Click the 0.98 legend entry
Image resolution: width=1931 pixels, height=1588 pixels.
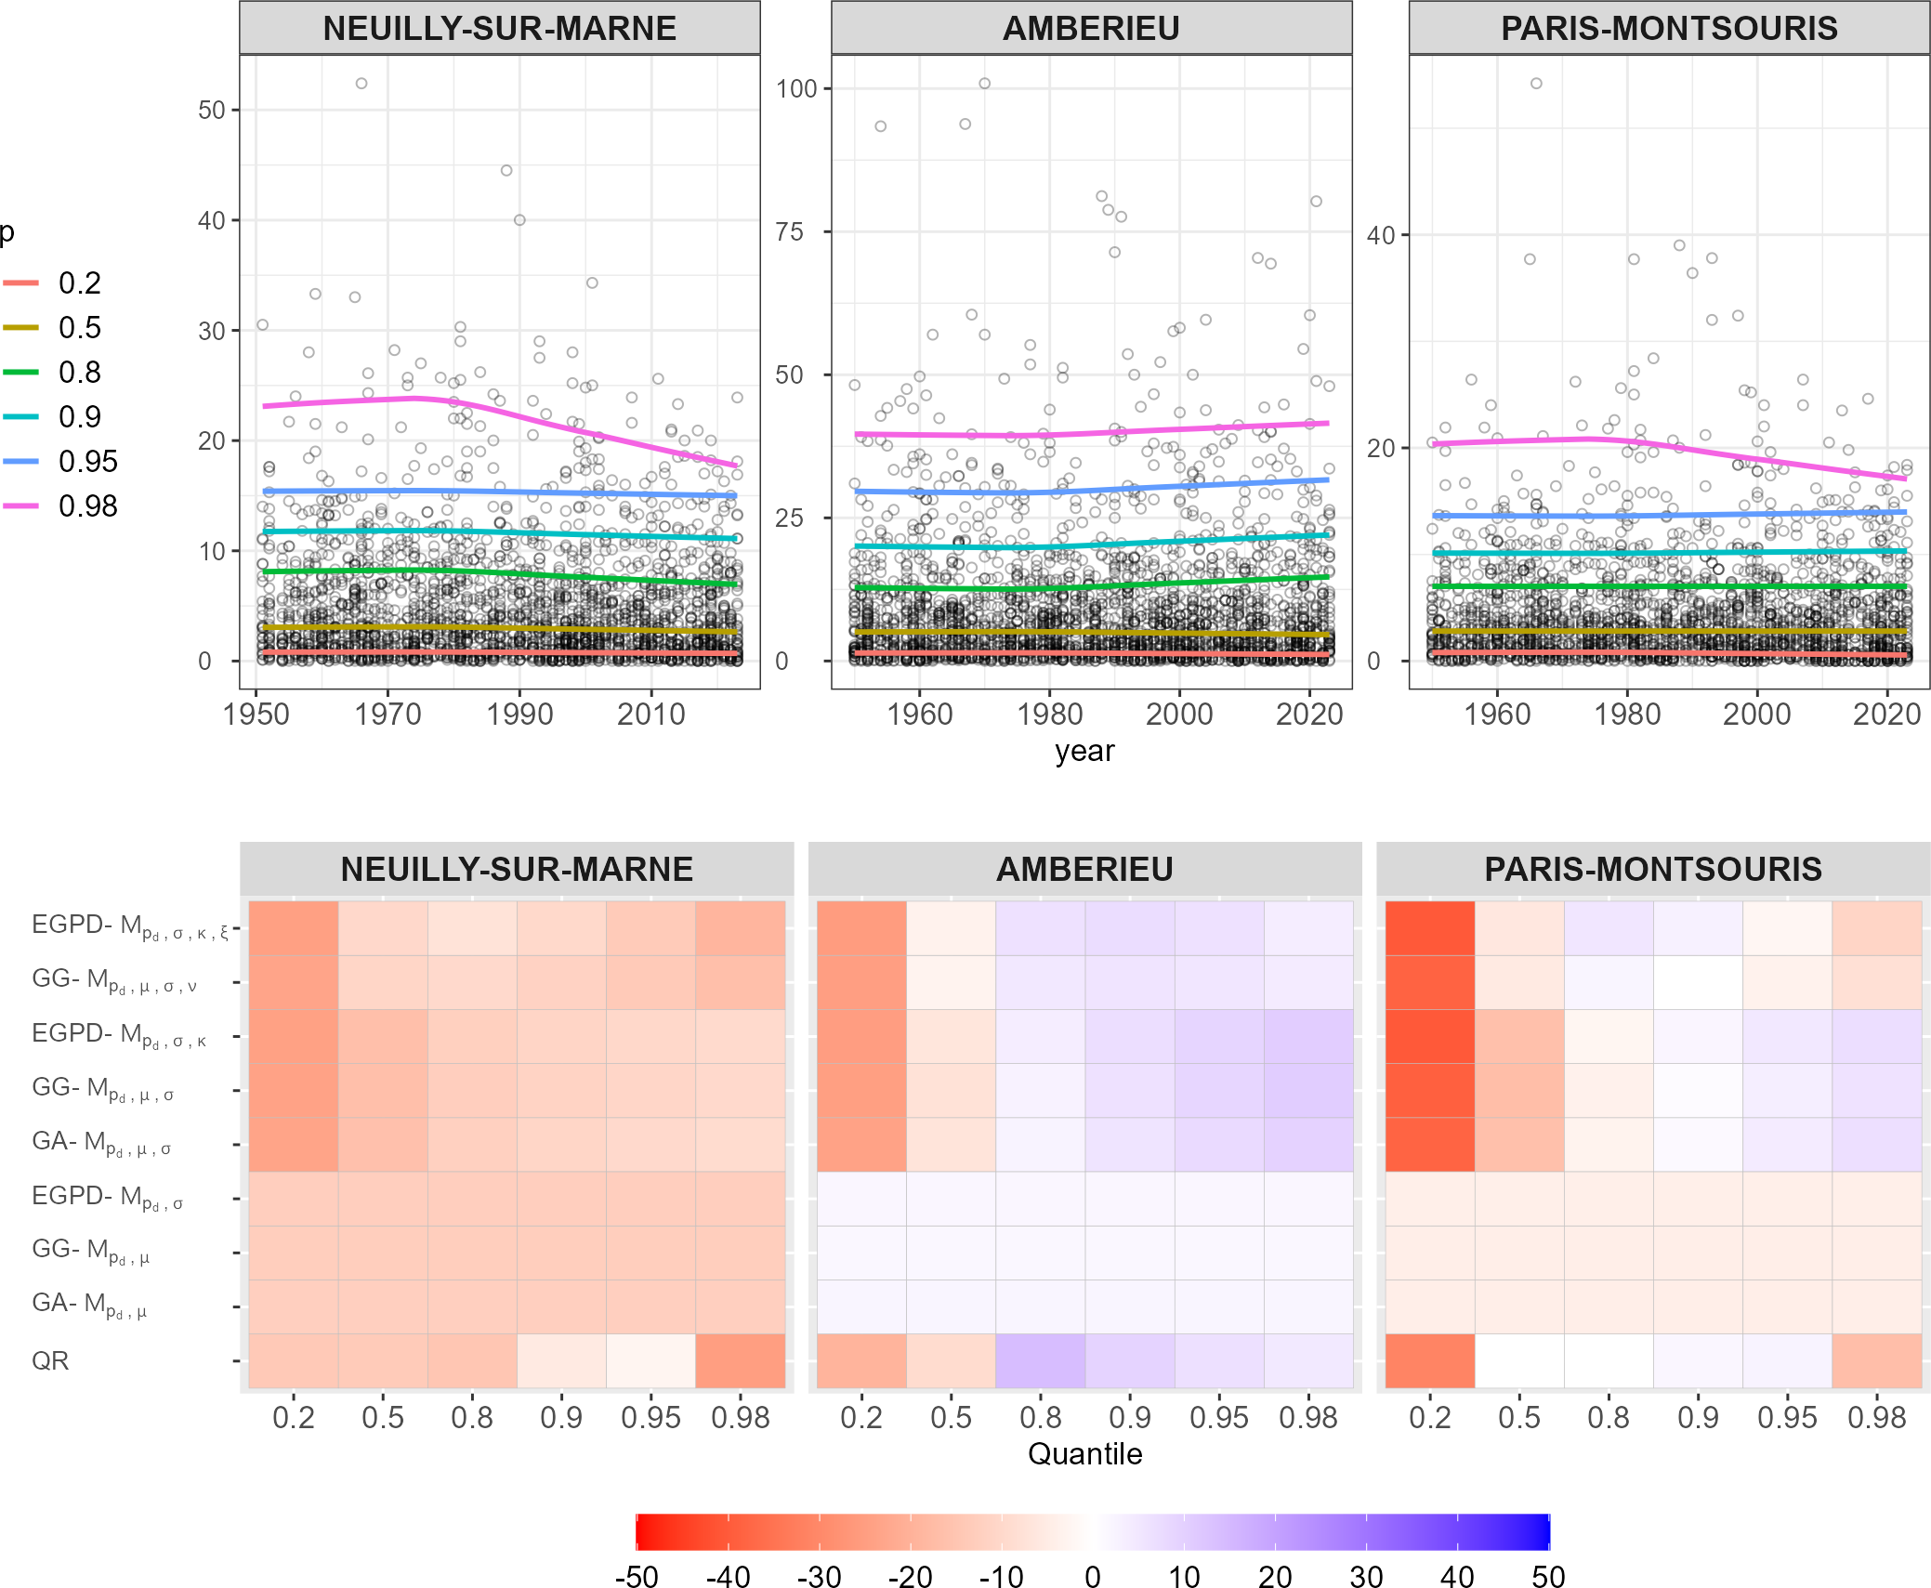[x=87, y=506]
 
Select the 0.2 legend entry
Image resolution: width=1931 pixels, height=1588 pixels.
[x=79, y=283]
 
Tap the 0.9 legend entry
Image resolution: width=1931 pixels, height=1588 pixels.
[x=79, y=417]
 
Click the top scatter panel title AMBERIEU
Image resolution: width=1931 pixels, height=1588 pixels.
[x=1091, y=29]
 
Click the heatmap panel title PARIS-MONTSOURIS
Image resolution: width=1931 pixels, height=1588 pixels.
[x=1652, y=870]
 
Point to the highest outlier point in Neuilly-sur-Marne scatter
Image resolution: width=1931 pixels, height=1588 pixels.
[x=361, y=84]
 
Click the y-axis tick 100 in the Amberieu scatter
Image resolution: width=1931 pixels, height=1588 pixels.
[x=796, y=89]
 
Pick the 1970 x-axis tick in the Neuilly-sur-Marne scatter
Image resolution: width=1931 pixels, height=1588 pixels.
[x=388, y=715]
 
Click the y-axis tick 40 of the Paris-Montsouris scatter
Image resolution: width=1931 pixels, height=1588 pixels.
[x=1381, y=236]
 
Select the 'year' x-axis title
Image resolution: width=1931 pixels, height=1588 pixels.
[x=1084, y=751]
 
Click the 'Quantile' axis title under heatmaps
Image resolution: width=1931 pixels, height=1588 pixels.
[x=1084, y=1453]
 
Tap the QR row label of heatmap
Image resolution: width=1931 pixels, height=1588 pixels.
[x=50, y=1361]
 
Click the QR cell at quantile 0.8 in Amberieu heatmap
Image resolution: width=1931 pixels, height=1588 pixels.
[x=1040, y=1361]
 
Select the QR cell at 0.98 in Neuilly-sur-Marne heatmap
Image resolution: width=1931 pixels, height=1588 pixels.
[x=740, y=1361]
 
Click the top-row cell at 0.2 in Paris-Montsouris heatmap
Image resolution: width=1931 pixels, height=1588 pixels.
[x=1429, y=928]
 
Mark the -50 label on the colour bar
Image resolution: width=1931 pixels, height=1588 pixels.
[x=637, y=1577]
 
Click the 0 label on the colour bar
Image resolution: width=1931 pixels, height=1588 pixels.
[x=1093, y=1577]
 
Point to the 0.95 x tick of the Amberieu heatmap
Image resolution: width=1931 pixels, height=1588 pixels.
[x=1219, y=1418]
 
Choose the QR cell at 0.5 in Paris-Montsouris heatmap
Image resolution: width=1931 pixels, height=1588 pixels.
[x=1518, y=1361]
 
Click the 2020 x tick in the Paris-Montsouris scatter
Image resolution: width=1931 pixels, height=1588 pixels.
[x=1886, y=715]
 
